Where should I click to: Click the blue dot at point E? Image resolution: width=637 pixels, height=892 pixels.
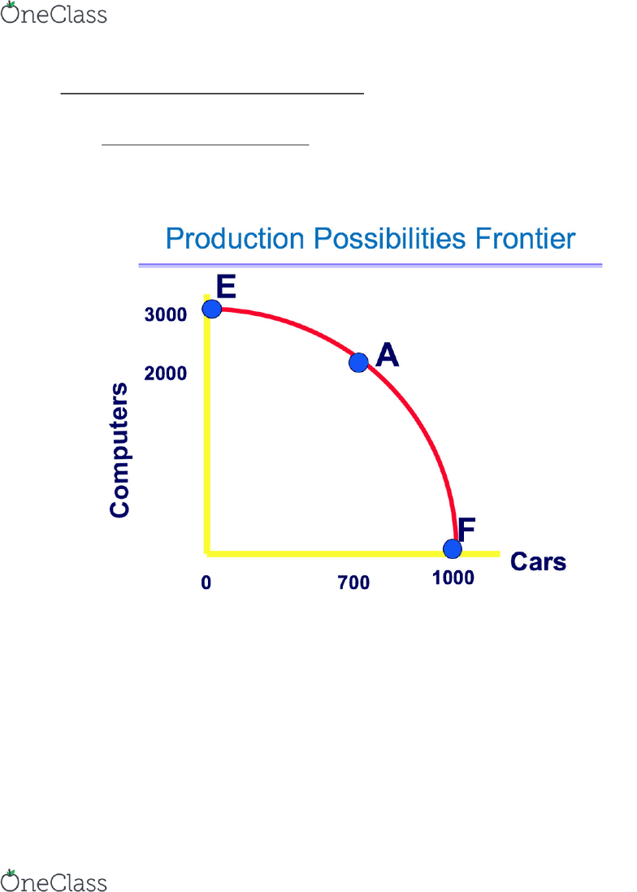[x=212, y=309]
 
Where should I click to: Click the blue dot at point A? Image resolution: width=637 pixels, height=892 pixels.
[x=358, y=362]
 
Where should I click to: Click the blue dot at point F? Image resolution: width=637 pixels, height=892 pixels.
[x=452, y=549]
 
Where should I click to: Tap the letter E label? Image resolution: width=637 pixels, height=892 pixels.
[x=226, y=287]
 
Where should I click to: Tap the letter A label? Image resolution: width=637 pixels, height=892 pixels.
[x=388, y=355]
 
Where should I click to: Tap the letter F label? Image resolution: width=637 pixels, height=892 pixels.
[x=466, y=530]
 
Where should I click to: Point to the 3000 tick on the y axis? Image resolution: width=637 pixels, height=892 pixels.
[x=166, y=314]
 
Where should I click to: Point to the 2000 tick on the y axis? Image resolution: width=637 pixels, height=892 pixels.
[x=166, y=373]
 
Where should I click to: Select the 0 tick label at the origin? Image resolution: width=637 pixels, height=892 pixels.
[x=206, y=582]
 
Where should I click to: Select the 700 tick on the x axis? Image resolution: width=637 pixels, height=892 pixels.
[x=353, y=582]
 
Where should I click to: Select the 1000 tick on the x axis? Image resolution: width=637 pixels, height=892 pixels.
[x=453, y=578]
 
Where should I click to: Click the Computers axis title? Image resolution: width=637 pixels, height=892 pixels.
[x=119, y=450]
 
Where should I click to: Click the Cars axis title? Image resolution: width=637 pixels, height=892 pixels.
[x=538, y=562]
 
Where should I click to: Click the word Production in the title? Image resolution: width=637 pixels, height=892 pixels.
[x=235, y=238]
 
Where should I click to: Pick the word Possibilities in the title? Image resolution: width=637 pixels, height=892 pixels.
[x=390, y=238]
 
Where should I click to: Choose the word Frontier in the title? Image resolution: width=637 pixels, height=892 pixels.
[x=526, y=238]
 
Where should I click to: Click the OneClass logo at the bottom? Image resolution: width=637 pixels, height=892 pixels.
[x=54, y=881]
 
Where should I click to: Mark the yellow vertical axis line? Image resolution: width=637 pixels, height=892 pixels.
[x=207, y=424]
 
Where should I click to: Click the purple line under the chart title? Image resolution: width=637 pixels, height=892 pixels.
[x=370, y=265]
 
